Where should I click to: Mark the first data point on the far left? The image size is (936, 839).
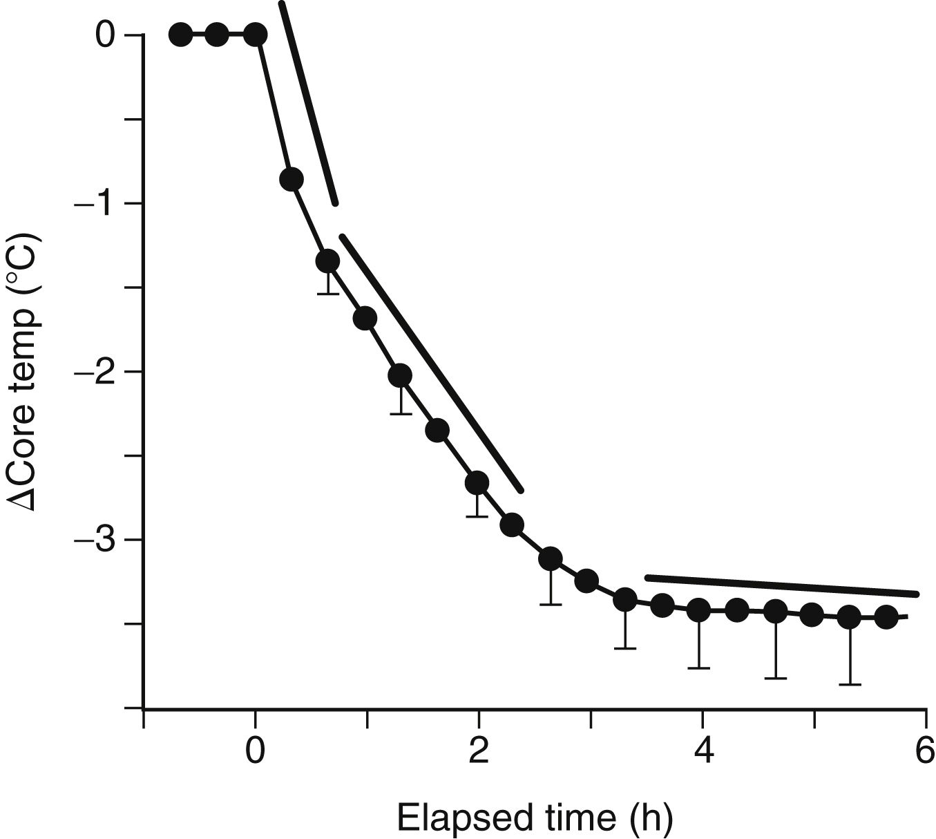pyautogui.click(x=180, y=34)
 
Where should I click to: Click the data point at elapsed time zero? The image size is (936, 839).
pyautogui.click(x=256, y=34)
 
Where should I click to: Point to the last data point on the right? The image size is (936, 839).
pyautogui.click(x=886, y=617)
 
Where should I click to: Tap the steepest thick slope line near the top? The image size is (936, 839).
pyautogui.click(x=308, y=104)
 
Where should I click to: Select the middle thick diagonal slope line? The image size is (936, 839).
pyautogui.click(x=431, y=363)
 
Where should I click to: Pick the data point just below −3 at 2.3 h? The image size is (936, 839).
pyautogui.click(x=512, y=525)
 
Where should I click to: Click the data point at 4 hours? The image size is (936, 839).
pyautogui.click(x=699, y=610)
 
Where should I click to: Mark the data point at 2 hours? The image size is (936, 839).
pyautogui.click(x=477, y=482)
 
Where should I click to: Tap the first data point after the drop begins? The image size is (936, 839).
pyautogui.click(x=292, y=179)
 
